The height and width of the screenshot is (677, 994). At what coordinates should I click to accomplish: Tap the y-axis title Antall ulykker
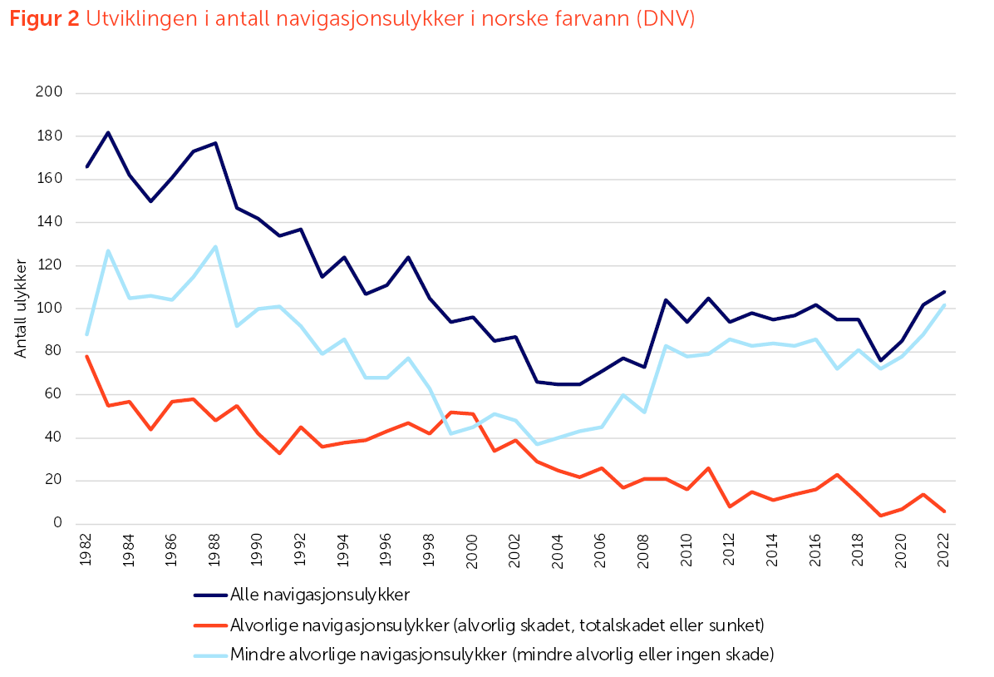point(22,309)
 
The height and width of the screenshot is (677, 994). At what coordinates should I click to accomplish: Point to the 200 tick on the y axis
point(51,93)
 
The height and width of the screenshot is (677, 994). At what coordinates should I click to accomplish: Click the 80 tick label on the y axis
point(55,352)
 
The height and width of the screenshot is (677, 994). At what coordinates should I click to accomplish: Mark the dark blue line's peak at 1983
point(108,132)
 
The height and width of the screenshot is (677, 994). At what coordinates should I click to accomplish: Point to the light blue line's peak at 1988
point(215,246)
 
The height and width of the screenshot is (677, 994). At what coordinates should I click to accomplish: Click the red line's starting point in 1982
point(86,356)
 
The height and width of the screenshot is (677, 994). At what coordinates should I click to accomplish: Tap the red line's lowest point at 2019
point(880,516)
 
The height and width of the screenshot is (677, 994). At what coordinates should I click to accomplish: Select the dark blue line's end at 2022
point(944,292)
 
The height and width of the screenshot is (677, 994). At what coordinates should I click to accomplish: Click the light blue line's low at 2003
point(537,444)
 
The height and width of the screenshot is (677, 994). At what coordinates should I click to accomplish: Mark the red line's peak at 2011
point(708,468)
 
